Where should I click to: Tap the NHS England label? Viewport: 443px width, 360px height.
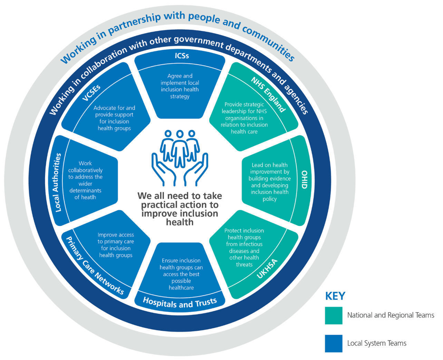click(x=268, y=94)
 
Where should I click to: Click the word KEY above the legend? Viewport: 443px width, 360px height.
click(x=335, y=296)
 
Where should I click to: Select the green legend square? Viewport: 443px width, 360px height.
click(x=334, y=315)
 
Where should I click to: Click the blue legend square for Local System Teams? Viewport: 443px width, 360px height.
click(x=334, y=343)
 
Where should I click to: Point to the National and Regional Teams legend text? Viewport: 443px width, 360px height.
click(x=391, y=315)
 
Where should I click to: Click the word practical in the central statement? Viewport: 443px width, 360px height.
click(x=163, y=205)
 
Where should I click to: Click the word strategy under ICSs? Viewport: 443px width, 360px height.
click(x=180, y=96)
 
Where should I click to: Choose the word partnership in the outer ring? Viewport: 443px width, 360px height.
click(x=131, y=25)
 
